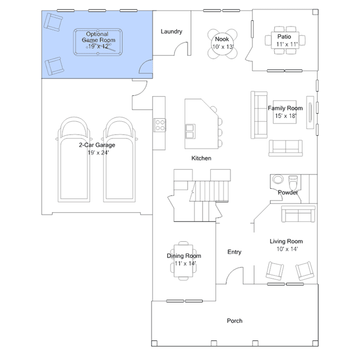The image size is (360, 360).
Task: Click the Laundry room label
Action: coord(171,32)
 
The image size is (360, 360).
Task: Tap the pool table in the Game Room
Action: coord(98,42)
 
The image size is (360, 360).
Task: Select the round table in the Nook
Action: coord(222,43)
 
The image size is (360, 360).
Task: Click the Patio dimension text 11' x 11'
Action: coord(287,45)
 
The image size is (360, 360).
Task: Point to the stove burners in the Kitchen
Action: coord(159,125)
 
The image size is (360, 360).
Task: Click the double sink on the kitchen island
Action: coord(190,131)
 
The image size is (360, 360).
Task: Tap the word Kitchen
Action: coord(201,158)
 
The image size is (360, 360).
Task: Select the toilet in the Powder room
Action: coord(293,182)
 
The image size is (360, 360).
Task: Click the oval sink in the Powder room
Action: coord(278,179)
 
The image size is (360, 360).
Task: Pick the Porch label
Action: coord(234,321)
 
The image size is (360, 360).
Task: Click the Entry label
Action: coord(234,252)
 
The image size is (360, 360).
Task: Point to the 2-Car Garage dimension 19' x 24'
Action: coord(98,153)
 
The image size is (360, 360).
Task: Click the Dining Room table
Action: coord(184,261)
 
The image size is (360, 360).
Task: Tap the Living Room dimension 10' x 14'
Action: coord(287,249)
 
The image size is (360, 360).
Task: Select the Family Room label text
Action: coord(285,108)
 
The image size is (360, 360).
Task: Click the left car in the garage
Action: coord(74,159)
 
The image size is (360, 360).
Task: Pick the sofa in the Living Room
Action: coord(298,214)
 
